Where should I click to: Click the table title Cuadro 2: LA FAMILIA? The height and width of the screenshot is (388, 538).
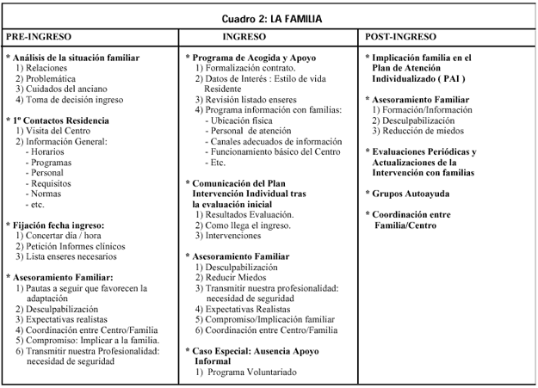pos(269,18)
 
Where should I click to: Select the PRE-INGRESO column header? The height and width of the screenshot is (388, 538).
pos(38,38)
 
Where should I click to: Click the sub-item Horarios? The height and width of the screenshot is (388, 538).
pos(51,151)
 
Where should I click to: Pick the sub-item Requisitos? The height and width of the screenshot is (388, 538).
pos(53,182)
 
